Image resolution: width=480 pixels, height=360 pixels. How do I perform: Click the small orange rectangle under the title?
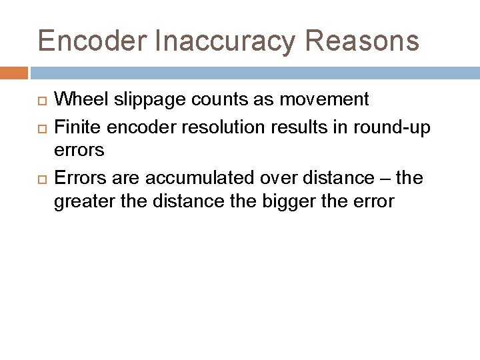pyautogui.click(x=14, y=72)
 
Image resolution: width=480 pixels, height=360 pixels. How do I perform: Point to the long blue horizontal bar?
pyautogui.click(x=253, y=72)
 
